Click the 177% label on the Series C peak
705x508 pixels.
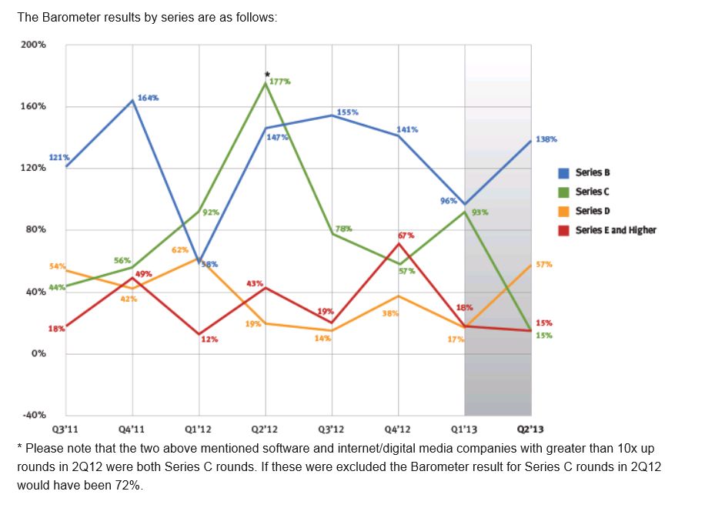[280, 82]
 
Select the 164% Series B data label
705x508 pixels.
[149, 98]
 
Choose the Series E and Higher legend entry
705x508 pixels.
[616, 230]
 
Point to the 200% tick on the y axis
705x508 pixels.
[33, 45]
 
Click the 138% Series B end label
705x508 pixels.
[547, 139]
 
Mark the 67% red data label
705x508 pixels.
[406, 235]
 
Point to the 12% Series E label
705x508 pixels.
[209, 339]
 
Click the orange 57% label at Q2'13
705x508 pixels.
[544, 264]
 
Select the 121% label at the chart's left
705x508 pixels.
[60, 158]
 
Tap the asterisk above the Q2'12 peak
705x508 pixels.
[266, 74]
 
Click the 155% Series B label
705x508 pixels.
[348, 112]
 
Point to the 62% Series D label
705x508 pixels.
[180, 250]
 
